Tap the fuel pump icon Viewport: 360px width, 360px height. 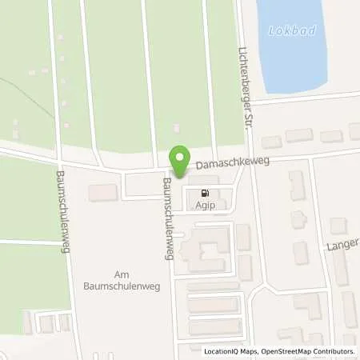pos(205,193)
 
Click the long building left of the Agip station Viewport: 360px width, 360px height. pos(102,193)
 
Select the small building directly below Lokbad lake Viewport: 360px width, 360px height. pos(273,142)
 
